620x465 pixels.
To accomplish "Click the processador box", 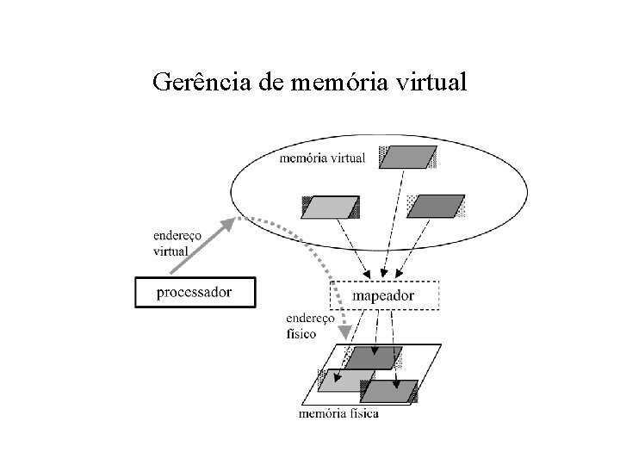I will [x=194, y=293].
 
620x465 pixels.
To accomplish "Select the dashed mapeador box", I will [x=384, y=295].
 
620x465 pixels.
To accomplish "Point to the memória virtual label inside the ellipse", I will [x=322, y=158].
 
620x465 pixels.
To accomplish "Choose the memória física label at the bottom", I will [x=338, y=413].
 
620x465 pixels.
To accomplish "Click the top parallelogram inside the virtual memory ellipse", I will [x=407, y=158].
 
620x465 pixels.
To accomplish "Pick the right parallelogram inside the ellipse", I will [x=435, y=207].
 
